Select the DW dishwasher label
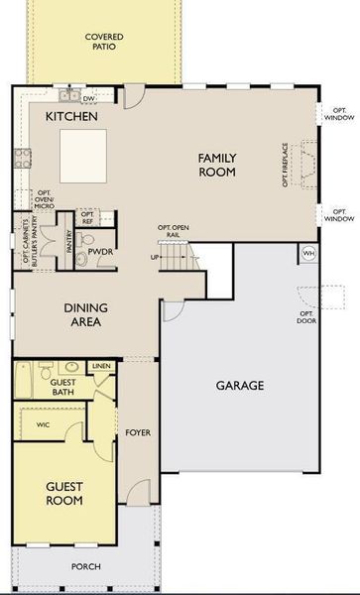tap(88, 99)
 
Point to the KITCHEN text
tap(71, 117)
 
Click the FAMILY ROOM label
tap(216, 165)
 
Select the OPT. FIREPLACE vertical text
tap(286, 164)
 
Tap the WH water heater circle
tap(307, 252)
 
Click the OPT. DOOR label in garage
tap(306, 318)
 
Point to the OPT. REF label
tap(88, 217)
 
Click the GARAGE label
tap(242, 386)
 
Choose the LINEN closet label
tap(101, 367)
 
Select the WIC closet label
tap(43, 424)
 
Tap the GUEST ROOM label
tap(63, 493)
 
